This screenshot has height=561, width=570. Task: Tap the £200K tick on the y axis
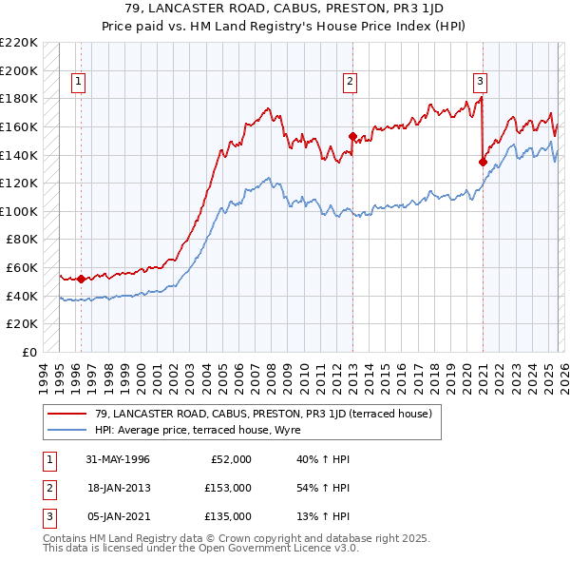click(x=20, y=70)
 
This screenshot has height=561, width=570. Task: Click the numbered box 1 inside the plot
click(x=77, y=83)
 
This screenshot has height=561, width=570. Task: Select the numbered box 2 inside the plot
click(x=350, y=83)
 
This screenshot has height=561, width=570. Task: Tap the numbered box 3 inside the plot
click(x=481, y=83)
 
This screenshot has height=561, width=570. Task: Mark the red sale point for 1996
click(x=81, y=279)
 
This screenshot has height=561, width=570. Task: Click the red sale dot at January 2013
click(x=352, y=136)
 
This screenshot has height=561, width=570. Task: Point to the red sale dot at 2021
click(x=483, y=162)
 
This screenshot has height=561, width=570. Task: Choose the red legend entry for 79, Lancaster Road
click(x=263, y=414)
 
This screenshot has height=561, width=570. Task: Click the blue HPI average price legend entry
click(x=197, y=431)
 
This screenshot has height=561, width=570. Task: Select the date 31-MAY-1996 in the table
click(x=118, y=459)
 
